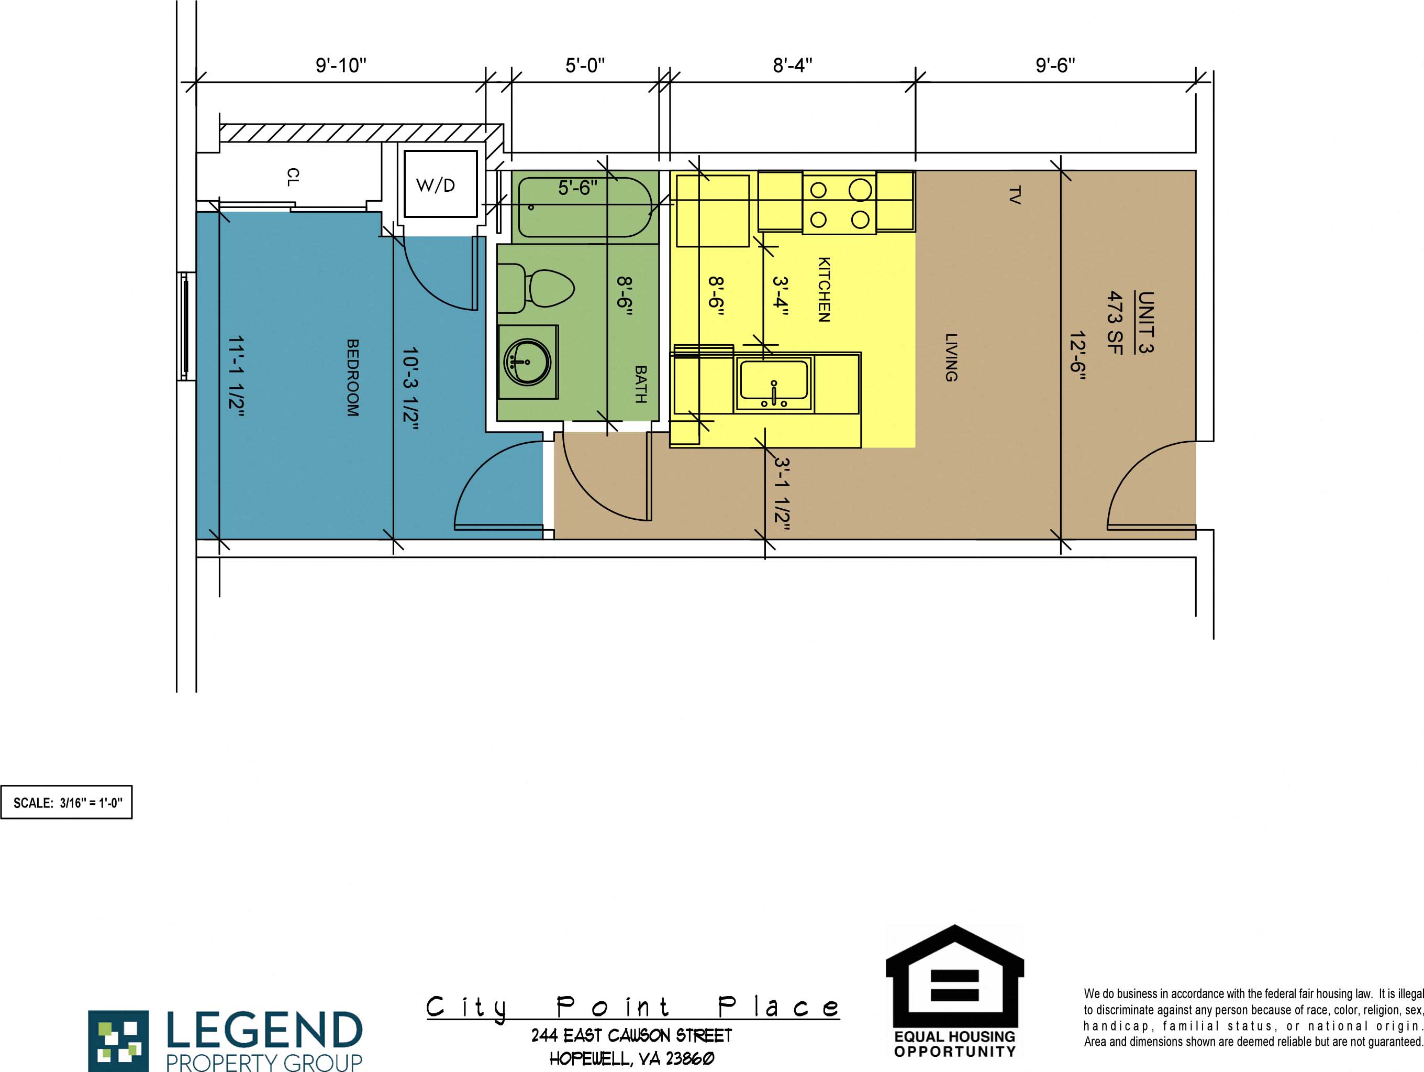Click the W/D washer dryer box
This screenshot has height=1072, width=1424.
point(440,185)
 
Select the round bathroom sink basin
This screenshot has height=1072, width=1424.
point(527,362)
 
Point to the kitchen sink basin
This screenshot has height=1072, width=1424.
point(774,381)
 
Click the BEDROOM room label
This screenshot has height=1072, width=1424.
point(353,378)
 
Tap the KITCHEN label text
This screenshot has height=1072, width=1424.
point(824,289)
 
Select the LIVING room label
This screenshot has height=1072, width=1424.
point(950,357)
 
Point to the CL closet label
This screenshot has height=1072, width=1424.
point(292,177)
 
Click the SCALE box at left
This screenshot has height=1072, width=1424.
point(66,803)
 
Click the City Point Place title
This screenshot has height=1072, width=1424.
point(632,1007)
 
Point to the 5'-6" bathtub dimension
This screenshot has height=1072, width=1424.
point(577,188)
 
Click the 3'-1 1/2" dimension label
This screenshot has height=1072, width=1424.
point(782,494)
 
